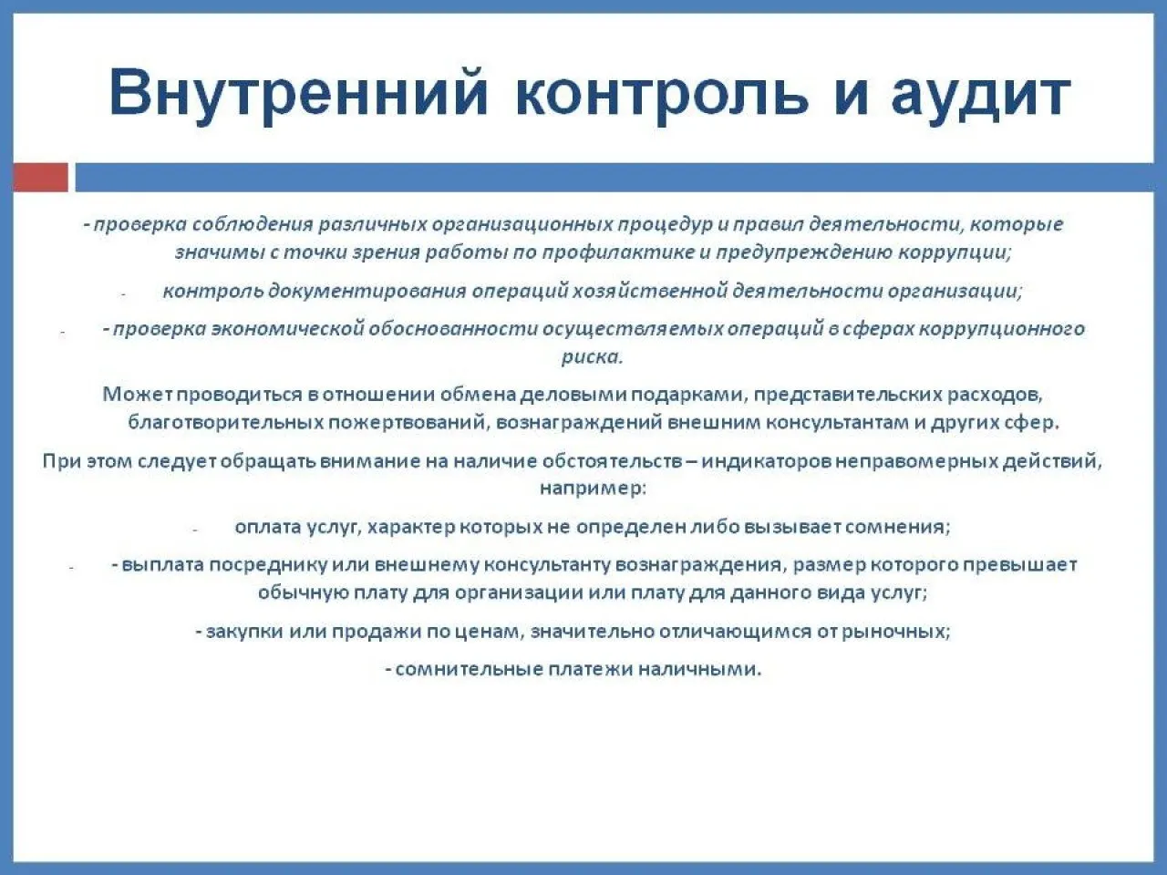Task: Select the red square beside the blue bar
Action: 40,177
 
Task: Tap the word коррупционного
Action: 1002,329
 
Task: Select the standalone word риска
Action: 592,357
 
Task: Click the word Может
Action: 138,394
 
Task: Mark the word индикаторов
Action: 766,460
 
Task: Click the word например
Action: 593,489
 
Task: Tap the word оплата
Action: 268,528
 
